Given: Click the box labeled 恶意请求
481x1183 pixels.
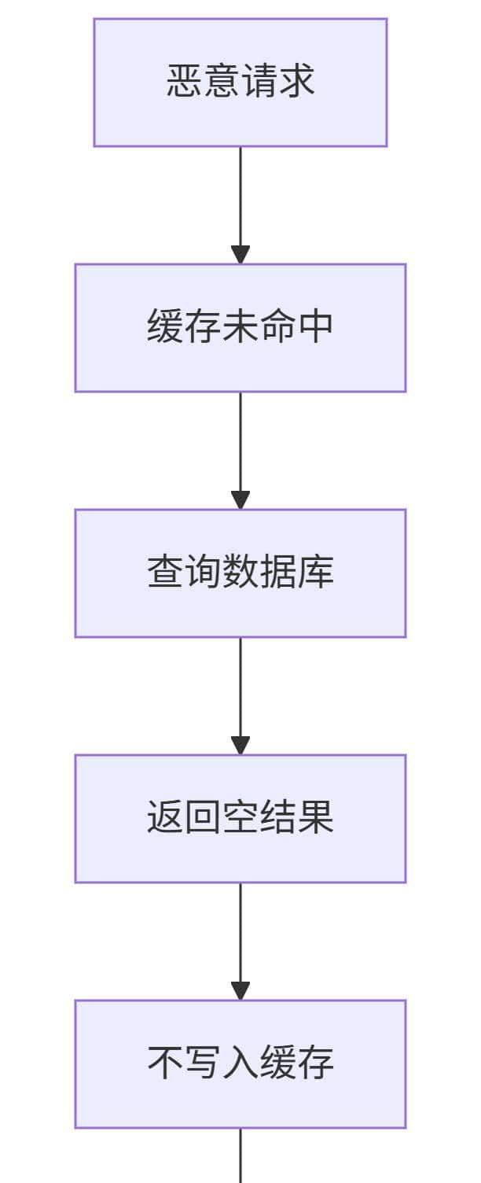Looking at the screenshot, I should [240, 83].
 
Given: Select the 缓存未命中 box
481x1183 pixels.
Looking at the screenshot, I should [240, 328].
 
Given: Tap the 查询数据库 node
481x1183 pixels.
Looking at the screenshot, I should [240, 573].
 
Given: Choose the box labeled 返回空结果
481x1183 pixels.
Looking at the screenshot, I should [240, 819].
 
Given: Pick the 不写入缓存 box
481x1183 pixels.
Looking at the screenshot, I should [240, 1064].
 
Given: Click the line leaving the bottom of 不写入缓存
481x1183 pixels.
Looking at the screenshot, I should [240, 1156].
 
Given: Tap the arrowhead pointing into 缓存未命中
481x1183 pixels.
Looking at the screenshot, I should [240, 255].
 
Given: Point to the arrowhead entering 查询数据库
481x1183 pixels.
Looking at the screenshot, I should [240, 500].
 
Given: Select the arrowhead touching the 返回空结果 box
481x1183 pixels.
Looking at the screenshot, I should [240, 746].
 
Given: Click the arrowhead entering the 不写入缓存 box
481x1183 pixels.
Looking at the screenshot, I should [240, 991].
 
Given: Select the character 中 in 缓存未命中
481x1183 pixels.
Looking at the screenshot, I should [316, 326].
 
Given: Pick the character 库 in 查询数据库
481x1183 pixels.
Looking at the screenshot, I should [316, 572].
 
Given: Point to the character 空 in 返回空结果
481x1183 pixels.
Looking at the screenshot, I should [240, 817].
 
